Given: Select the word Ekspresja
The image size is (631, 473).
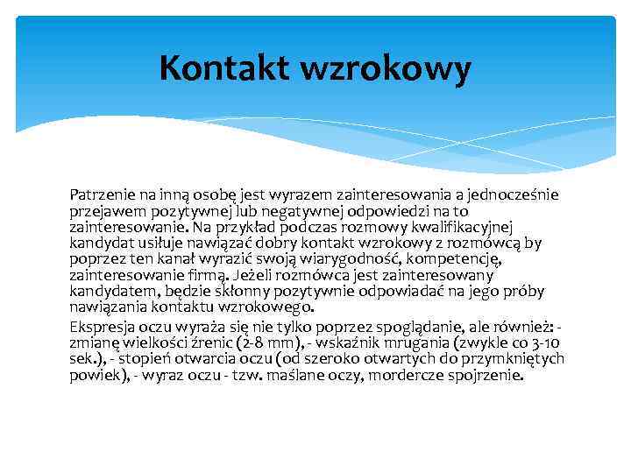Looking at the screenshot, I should tap(103, 325).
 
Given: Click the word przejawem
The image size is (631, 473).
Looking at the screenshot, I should tap(103, 210).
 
